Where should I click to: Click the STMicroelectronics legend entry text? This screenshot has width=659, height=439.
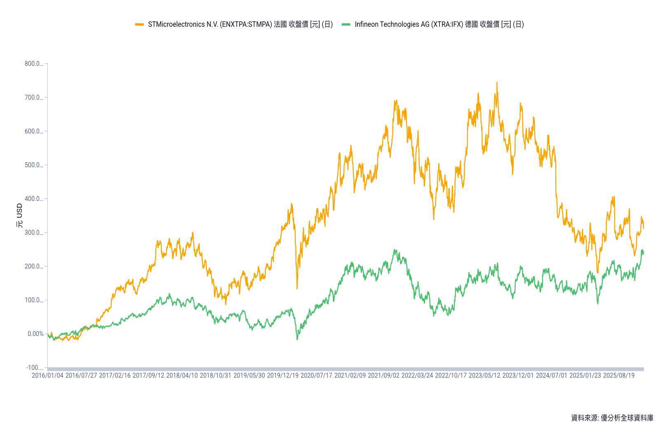pyautogui.click(x=240, y=24)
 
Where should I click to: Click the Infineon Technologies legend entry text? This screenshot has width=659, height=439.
pyautogui.click(x=439, y=24)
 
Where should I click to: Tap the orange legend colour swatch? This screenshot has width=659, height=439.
pyautogui.click(x=140, y=24)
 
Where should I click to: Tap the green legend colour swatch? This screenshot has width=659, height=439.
pyautogui.click(x=346, y=24)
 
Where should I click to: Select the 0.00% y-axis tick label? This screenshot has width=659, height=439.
pyautogui.click(x=35, y=334)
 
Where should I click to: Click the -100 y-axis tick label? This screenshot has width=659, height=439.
pyautogui.click(x=34, y=368)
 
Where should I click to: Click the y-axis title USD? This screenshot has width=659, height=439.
pyautogui.click(x=19, y=216)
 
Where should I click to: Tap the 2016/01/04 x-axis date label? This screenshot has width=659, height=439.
pyautogui.click(x=47, y=376)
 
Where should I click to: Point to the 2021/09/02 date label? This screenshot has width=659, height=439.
pyautogui.click(x=383, y=376)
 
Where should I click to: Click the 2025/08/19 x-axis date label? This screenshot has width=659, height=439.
pyautogui.click(x=619, y=376)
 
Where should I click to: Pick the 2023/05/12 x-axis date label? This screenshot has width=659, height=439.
pyautogui.click(x=484, y=376)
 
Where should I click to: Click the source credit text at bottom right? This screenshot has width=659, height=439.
pyautogui.click(x=612, y=418)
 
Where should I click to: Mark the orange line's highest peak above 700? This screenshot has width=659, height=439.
pyautogui.click(x=497, y=82)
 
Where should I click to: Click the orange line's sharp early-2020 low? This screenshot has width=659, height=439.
pyautogui.click(x=297, y=288)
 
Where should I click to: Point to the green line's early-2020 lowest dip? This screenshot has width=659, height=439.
pyautogui.click(x=297, y=339)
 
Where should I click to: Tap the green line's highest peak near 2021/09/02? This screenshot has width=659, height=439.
pyautogui.click(x=395, y=250)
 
